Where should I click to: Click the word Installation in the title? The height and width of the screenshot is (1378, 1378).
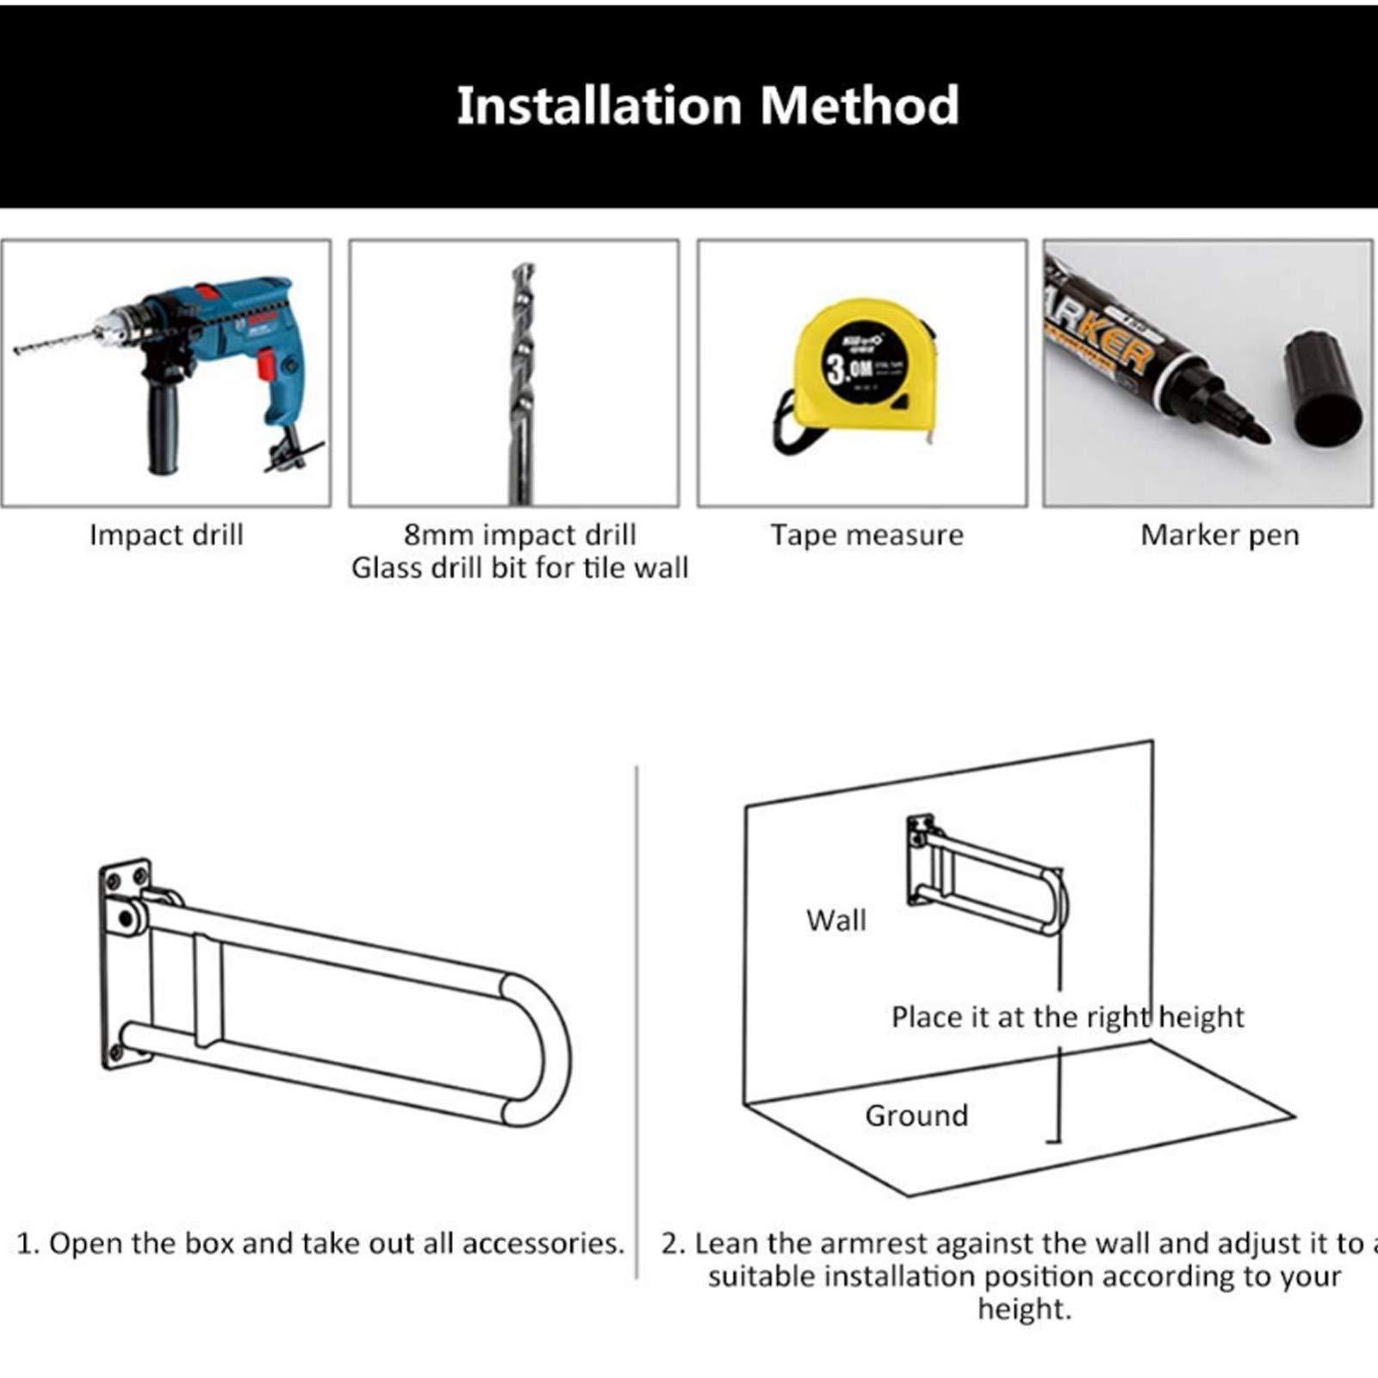[x=598, y=105]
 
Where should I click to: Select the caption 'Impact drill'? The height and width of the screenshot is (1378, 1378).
[x=166, y=535]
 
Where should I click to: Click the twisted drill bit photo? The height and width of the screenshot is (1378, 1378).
[x=520, y=379]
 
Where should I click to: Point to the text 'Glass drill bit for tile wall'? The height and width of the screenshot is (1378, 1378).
[x=519, y=568]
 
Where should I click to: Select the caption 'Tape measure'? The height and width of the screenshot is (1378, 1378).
[x=866, y=535]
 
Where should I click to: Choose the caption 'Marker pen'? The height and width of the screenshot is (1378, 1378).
[x=1220, y=535]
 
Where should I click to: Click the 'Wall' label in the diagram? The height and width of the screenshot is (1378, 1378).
[x=835, y=920]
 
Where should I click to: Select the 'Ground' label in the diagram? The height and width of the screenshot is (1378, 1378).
[x=916, y=1115]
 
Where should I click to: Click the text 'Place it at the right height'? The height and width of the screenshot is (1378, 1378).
[x=1067, y=1017]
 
